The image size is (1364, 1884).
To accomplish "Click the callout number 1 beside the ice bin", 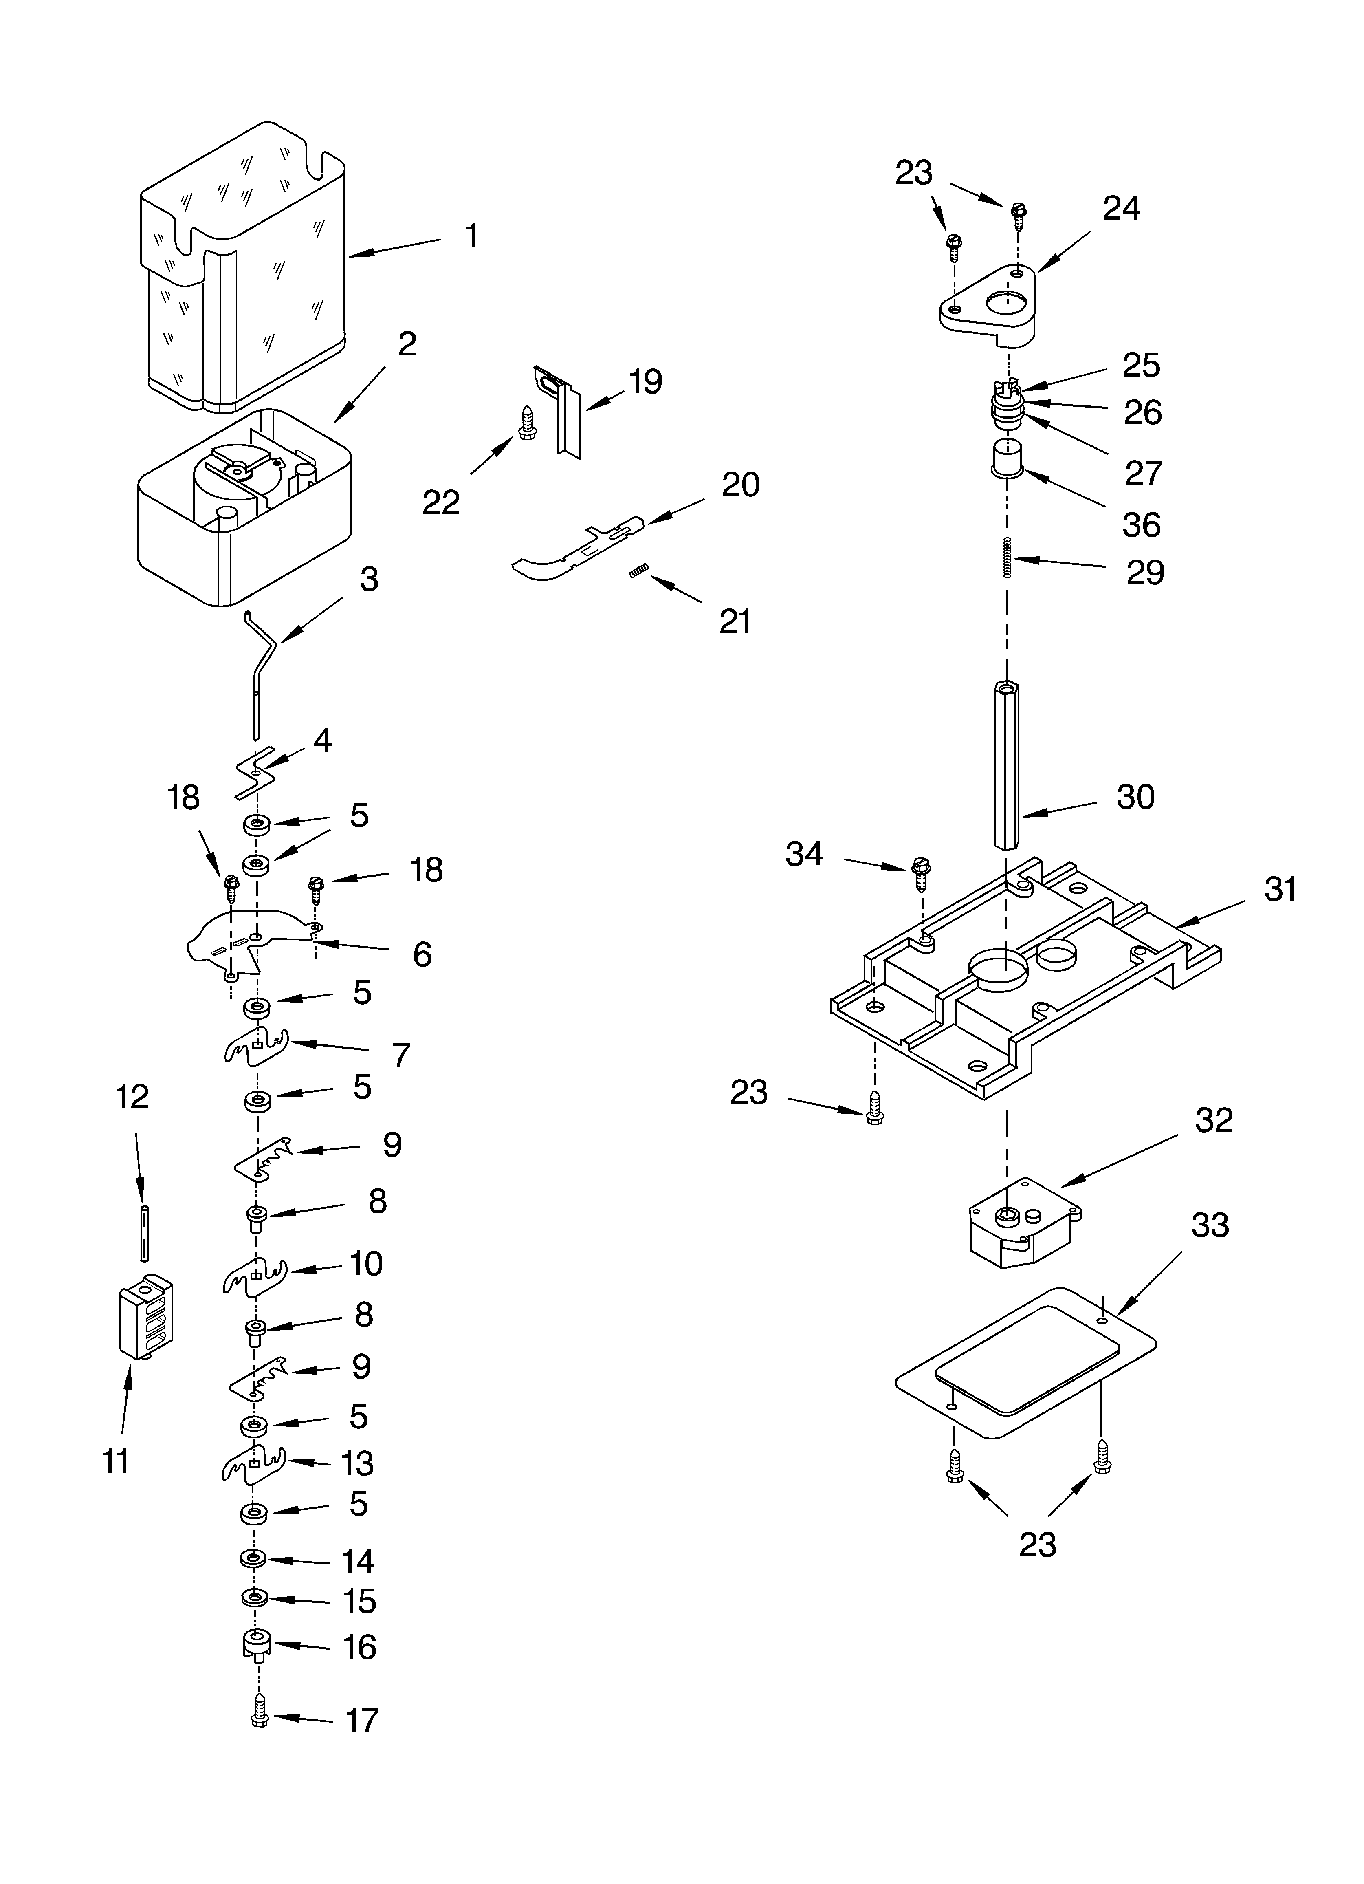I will [x=471, y=236].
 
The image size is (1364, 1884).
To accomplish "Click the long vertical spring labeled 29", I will [x=1007, y=557].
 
